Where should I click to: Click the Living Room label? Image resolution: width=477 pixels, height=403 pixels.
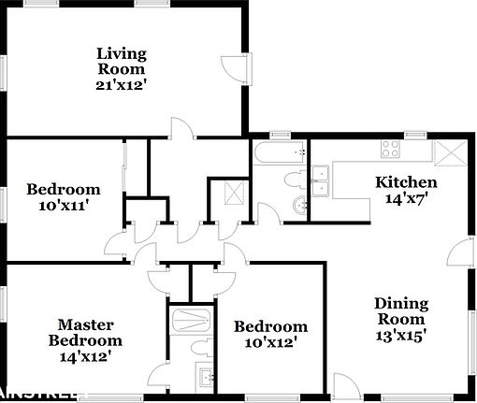pyautogui.click(x=122, y=60)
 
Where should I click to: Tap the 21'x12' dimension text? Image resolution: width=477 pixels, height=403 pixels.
pyautogui.click(x=122, y=84)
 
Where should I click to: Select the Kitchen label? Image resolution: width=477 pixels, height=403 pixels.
pyautogui.click(x=406, y=181)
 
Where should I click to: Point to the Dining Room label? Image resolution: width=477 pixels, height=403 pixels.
pyautogui.click(x=401, y=311)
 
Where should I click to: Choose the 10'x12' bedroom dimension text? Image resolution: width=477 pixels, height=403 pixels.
pyautogui.click(x=270, y=342)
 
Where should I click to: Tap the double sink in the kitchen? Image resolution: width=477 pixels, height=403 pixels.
pyautogui.click(x=321, y=178)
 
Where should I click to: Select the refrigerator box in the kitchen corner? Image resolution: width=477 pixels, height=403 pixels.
pyautogui.click(x=451, y=151)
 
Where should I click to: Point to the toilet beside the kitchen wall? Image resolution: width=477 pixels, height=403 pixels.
pyautogui.click(x=290, y=179)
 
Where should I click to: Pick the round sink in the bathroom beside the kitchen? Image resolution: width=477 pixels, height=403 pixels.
pyautogui.click(x=298, y=205)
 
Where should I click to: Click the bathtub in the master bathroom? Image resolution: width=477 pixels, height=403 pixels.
pyautogui.click(x=191, y=321)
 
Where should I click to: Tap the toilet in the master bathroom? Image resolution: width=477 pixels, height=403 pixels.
pyautogui.click(x=198, y=348)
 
